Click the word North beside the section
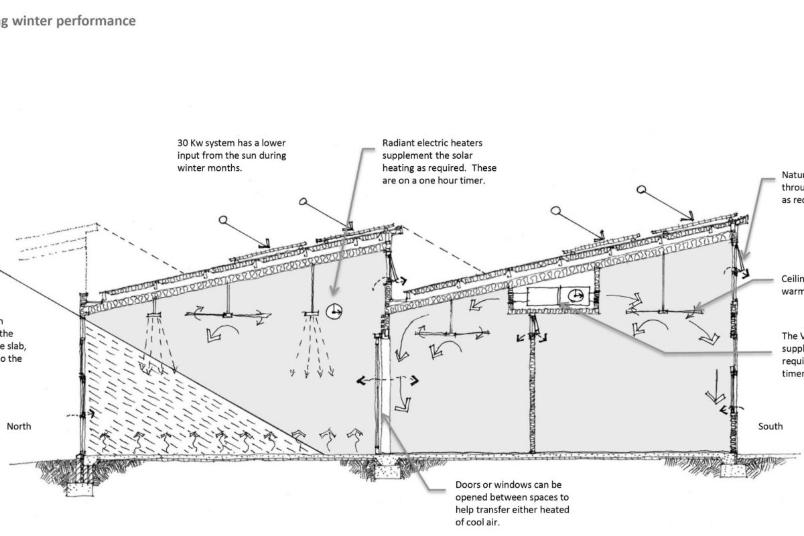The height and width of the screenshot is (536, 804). tap(19, 426)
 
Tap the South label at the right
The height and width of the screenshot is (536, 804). tap(770, 426)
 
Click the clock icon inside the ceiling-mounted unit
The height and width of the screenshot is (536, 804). tap(576, 295)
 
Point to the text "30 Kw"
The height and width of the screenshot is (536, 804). tap(189, 143)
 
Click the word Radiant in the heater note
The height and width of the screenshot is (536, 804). tap(399, 143)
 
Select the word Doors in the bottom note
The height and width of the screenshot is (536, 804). tap(468, 484)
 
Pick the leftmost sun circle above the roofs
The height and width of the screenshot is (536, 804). tap(224, 219)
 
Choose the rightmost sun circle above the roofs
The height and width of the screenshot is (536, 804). tap(642, 190)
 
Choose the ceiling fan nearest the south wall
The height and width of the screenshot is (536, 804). tap(661, 310)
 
